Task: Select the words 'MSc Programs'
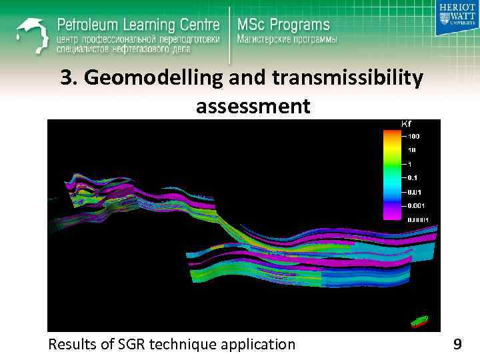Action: point(283,25)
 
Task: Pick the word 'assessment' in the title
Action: point(253,105)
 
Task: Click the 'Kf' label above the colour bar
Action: point(405,124)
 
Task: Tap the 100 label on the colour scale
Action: point(413,136)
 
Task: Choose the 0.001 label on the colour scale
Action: point(417,205)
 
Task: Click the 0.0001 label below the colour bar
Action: point(418,219)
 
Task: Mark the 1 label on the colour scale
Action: point(410,164)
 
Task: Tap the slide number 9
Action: point(457,344)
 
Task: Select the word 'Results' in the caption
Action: point(71,344)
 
